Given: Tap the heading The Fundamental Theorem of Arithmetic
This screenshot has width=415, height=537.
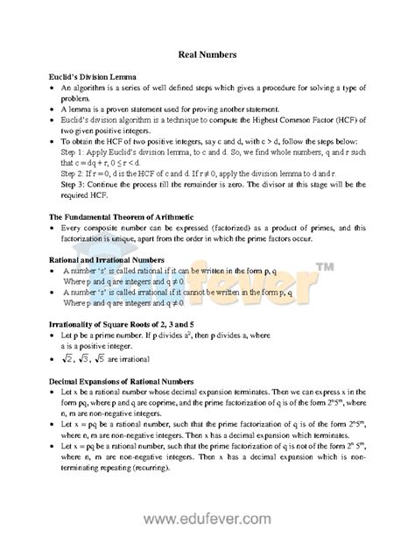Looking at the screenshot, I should tap(121, 216).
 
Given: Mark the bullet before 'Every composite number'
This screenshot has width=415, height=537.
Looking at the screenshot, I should tap(53, 227).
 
